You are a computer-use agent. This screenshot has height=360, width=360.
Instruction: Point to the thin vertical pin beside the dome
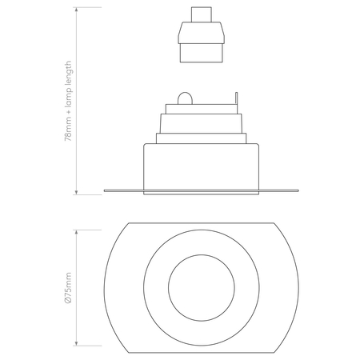(238, 100)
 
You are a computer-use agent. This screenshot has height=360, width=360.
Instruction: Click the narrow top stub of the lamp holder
(201, 15)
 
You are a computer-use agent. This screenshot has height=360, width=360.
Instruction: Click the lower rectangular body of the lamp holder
(201, 53)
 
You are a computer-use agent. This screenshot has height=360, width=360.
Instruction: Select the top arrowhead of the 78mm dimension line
(76, 11)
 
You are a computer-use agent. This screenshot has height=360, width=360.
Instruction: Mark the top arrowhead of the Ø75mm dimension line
(76, 229)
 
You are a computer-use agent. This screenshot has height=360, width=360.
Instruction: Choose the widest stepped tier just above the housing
(201, 138)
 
